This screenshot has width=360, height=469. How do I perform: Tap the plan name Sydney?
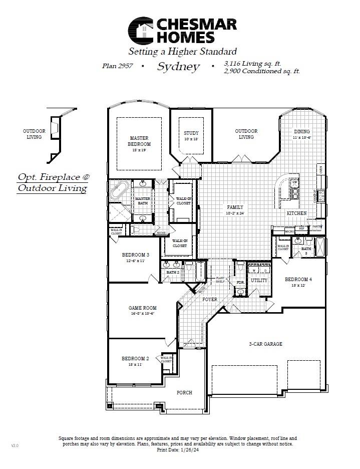coord(178,67)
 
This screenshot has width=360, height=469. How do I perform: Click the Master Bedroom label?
coord(140,141)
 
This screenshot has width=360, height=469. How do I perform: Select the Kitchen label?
coord(296,213)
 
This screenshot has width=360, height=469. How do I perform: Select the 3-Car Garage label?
coord(265,344)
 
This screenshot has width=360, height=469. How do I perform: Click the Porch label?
coord(184,392)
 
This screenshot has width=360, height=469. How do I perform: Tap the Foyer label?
coord(209,299)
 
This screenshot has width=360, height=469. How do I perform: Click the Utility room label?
coord(259,281)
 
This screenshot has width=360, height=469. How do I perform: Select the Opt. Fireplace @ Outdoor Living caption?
coord(53,182)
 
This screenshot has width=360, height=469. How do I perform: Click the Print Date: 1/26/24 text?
coord(178,450)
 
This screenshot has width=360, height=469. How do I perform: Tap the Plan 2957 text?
coord(117,66)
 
